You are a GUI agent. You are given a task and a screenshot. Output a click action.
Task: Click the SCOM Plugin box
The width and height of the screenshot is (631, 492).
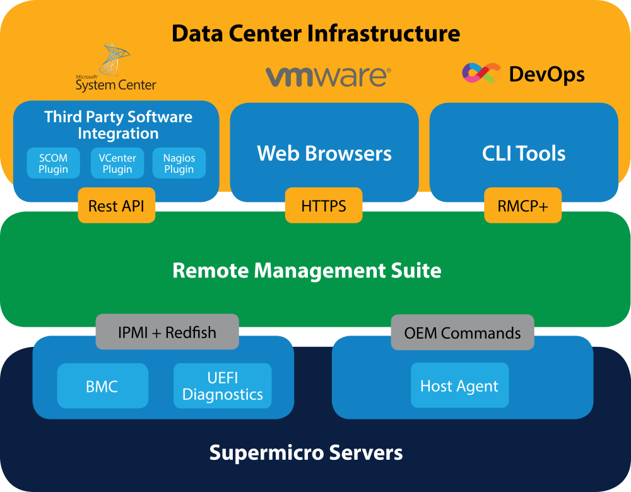[53, 163]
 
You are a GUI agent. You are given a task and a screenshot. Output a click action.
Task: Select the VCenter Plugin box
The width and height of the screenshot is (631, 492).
[117, 163]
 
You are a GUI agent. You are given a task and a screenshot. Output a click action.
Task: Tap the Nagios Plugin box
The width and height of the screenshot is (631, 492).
[179, 163]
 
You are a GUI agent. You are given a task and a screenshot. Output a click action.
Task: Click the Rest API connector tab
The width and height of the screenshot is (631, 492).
[117, 206]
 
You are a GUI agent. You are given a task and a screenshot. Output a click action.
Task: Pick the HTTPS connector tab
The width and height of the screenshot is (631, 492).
[324, 206]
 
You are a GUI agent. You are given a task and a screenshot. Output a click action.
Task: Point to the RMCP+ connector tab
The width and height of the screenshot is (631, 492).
[522, 206]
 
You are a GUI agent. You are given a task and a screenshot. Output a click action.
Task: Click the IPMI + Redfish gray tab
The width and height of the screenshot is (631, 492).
[167, 332]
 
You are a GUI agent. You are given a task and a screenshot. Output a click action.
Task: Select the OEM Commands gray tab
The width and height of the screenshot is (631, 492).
[463, 332]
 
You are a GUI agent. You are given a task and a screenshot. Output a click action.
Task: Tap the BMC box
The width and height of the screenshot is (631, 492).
[102, 386]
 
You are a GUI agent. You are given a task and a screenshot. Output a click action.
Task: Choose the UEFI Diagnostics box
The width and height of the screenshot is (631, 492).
[223, 386]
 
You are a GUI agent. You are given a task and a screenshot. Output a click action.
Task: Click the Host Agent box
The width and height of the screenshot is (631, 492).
[459, 386]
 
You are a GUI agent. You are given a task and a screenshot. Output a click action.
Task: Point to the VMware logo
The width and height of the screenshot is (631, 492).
[328, 76]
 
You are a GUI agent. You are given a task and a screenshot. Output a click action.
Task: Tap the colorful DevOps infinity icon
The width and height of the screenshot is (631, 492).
[481, 73]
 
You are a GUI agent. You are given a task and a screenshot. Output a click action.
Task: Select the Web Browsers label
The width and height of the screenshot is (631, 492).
[324, 153]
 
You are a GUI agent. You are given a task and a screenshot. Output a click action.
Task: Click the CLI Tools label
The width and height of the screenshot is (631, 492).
[524, 153]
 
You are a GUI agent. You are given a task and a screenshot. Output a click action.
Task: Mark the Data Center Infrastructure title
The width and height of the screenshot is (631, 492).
[315, 33]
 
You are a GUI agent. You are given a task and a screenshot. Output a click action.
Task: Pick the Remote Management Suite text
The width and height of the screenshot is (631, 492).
[307, 271]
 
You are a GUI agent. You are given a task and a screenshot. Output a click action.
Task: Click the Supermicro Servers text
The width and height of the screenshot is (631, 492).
[306, 452]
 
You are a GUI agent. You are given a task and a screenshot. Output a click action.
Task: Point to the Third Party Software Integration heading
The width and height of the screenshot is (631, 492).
[118, 125]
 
